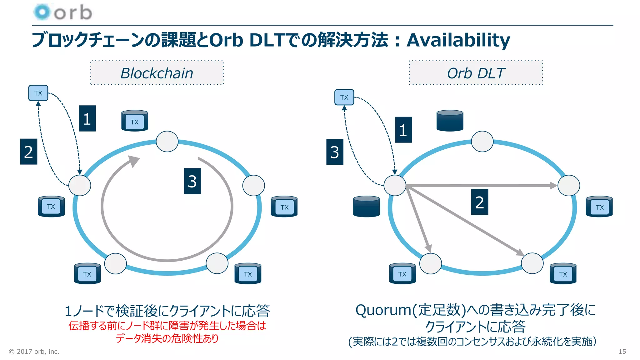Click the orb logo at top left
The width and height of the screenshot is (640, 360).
[x=62, y=12]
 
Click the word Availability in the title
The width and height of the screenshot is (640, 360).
[x=458, y=40]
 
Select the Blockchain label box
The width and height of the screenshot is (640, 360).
[x=157, y=73]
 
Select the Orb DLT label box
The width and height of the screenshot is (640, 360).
[x=476, y=73]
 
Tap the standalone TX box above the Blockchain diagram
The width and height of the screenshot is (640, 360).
[x=38, y=93]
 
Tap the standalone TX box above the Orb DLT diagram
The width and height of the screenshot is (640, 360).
[x=344, y=97]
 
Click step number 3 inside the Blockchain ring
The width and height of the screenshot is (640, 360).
[x=192, y=181]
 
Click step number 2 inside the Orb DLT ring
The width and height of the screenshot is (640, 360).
[x=479, y=202]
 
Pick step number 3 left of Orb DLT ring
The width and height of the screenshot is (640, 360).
[x=335, y=152]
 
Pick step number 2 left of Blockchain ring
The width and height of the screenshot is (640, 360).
[x=28, y=152]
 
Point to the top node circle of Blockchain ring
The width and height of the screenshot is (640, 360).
[x=167, y=142]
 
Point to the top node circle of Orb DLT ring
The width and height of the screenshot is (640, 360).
[x=482, y=142]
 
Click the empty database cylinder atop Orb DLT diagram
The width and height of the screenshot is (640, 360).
[x=450, y=121]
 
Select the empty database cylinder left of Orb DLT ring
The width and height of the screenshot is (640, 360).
[x=366, y=207]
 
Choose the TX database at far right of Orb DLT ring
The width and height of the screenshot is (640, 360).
[x=599, y=207]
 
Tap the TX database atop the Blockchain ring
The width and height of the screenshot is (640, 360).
[x=135, y=121]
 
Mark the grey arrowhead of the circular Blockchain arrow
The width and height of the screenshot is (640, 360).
[x=134, y=161]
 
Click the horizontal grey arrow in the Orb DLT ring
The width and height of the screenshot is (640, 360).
[x=481, y=186]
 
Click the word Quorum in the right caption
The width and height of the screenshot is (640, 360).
[x=383, y=310]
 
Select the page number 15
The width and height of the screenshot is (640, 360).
[x=622, y=352]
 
